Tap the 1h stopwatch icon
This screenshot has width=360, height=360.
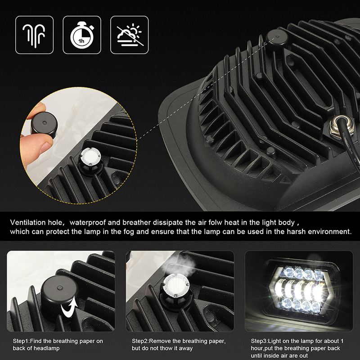tap(82, 35)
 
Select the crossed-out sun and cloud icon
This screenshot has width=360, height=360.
tap(130, 35)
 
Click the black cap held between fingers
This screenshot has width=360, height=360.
tap(44, 125)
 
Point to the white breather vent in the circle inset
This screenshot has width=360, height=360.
tap(90, 157)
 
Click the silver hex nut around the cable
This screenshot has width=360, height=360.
tap(339, 127)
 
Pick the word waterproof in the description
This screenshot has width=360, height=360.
tap(87, 223)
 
